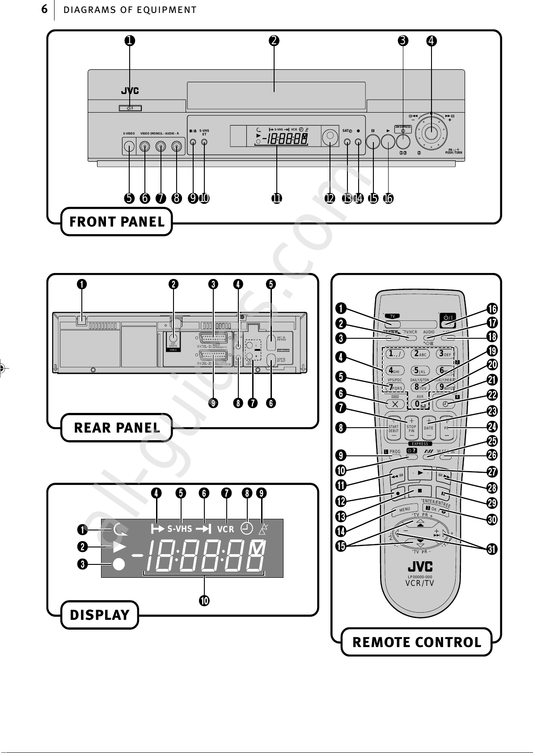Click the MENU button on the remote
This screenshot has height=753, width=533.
click(x=404, y=509)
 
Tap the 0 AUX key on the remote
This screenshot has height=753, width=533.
click(x=419, y=404)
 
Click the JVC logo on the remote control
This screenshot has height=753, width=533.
click(x=420, y=567)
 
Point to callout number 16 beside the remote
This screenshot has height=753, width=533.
click(x=492, y=309)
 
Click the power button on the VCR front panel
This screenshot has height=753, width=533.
click(x=130, y=108)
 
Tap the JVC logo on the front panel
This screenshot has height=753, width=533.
click(x=130, y=91)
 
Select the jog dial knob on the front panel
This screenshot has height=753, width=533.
click(x=431, y=132)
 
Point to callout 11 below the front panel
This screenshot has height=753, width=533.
click(x=277, y=198)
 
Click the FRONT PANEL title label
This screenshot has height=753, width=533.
click(x=117, y=222)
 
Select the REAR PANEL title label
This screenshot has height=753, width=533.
click(x=117, y=428)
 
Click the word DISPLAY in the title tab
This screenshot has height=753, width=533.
click(x=100, y=615)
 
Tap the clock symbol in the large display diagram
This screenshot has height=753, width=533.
click(x=246, y=529)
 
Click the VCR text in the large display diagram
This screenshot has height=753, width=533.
click(x=225, y=529)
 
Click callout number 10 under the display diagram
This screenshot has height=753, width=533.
click(x=204, y=601)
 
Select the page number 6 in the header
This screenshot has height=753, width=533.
click(x=44, y=9)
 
